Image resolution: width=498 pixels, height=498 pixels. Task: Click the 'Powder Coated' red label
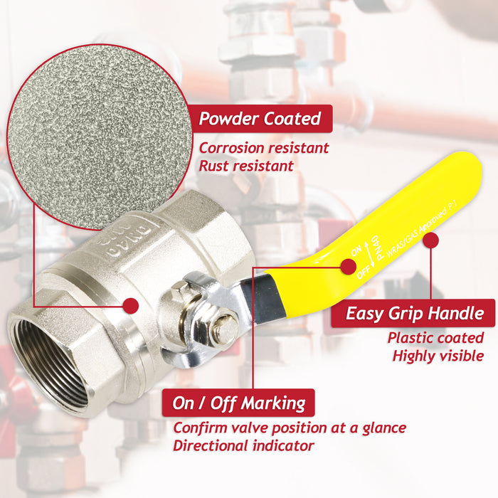[x=260, y=118]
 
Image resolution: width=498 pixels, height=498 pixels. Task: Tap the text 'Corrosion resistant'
[x=263, y=148]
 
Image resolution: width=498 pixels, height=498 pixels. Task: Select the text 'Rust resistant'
[x=245, y=166]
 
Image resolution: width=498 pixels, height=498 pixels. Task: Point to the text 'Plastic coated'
[x=435, y=339]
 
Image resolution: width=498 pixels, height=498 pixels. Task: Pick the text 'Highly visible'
[x=438, y=356]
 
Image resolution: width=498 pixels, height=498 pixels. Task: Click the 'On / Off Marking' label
[x=238, y=404]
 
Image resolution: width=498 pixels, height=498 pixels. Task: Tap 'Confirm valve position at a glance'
[x=290, y=428]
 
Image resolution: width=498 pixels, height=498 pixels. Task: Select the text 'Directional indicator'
[x=243, y=446]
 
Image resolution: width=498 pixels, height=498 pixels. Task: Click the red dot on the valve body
[x=129, y=306]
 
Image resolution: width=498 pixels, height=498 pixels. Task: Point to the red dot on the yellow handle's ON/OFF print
[x=348, y=267]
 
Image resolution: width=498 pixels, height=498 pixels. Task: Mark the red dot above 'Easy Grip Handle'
[x=430, y=241]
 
